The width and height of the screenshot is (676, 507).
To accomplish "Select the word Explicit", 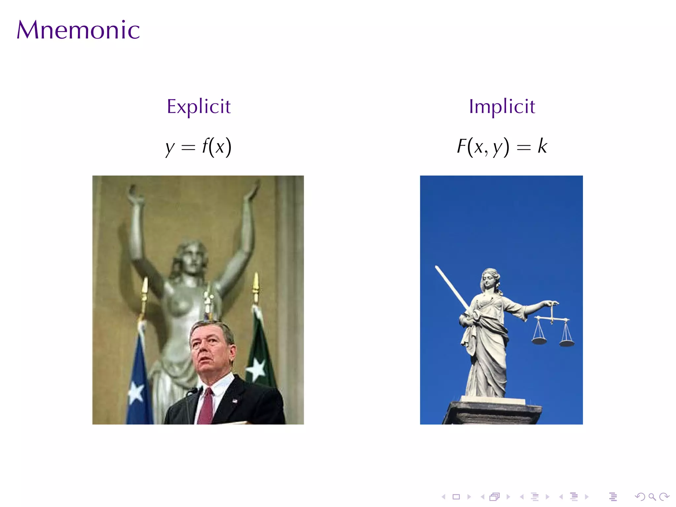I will click(x=199, y=106).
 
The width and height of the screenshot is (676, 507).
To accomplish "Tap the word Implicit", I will click(x=502, y=106).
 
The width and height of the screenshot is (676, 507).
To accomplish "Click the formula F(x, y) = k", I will click(x=502, y=147).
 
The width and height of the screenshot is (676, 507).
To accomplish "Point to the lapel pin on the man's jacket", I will click(x=235, y=401).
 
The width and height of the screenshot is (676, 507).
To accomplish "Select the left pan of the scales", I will click(x=539, y=340).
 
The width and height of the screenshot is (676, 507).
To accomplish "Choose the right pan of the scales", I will click(x=567, y=343).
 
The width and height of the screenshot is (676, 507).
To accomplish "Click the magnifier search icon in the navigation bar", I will click(x=652, y=497).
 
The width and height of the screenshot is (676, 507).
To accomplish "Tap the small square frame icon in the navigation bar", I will click(x=456, y=497).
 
